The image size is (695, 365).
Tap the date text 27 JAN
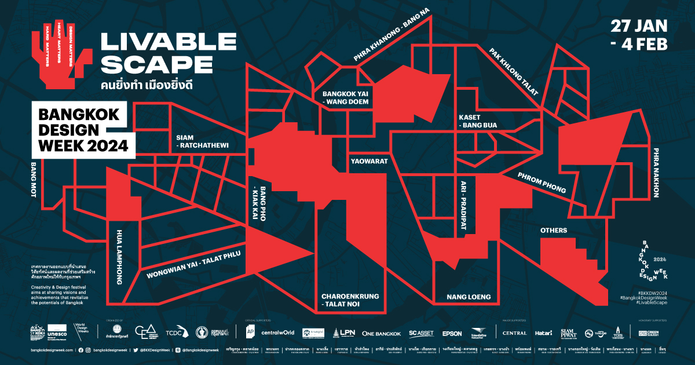point(639,27)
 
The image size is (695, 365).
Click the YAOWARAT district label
point(369,162)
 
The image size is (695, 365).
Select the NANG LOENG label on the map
point(469,297)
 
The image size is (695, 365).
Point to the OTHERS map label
point(554,231)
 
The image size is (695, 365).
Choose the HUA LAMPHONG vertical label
point(119,263)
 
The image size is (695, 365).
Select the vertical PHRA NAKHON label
point(656,172)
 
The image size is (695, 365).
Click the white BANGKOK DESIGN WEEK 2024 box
point(83,130)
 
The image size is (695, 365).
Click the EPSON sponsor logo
point(452,333)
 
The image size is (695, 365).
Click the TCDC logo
point(175,333)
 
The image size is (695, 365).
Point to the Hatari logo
point(543,333)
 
